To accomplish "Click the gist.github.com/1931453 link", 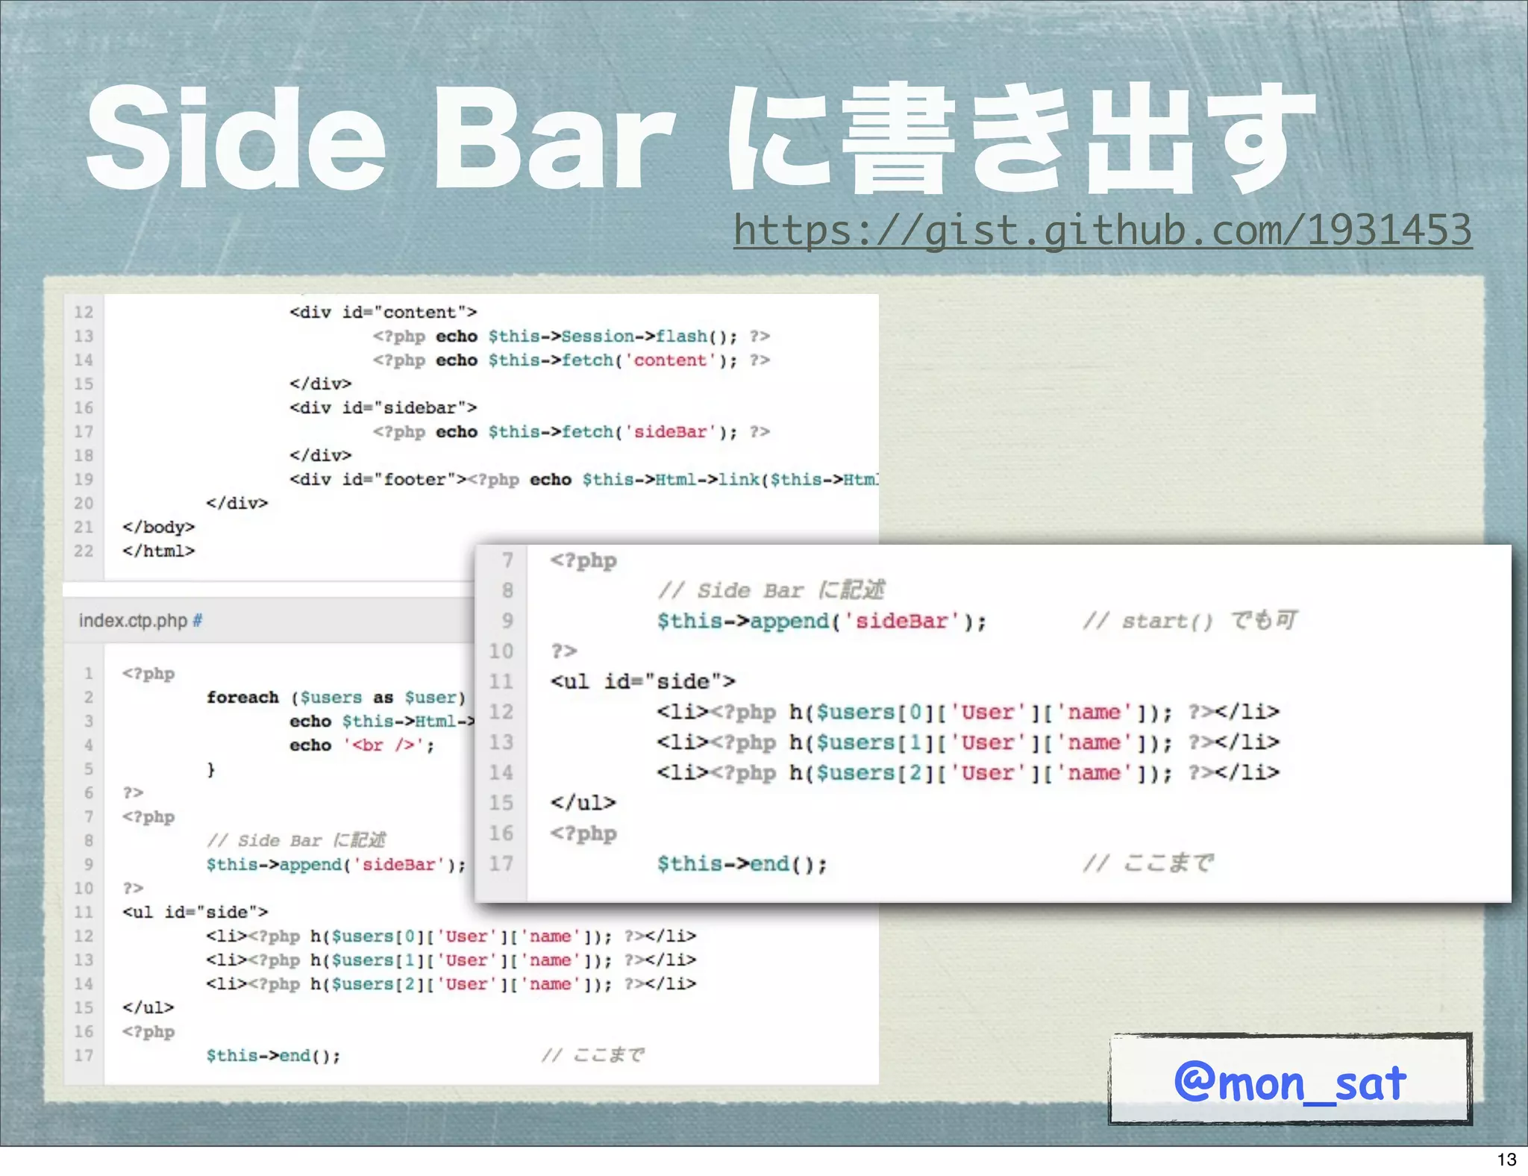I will pos(1102,230).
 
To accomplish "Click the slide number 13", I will pos(1506,1159).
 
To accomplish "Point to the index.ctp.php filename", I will pos(133,621).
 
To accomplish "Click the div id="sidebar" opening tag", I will pos(383,408).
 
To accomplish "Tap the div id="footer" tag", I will pos(378,480).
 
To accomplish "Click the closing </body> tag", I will pos(158,528).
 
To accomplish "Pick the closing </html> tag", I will pos(158,551).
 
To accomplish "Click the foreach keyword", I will pos(242,698).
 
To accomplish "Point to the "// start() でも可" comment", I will pos(1189,621).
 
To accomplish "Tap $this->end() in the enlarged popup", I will pos(742,864).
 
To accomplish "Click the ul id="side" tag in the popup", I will pos(642,682).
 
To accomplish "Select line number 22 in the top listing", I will pos(84,551).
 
